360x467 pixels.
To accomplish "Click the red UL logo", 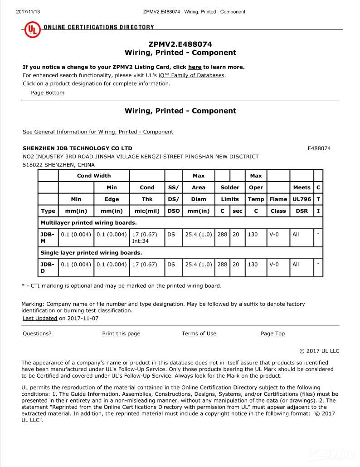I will click(32, 30).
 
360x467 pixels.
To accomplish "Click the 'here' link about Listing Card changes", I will click(195, 67).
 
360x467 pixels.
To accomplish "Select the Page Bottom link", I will click(48, 93).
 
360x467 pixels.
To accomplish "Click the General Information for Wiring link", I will click(98, 132).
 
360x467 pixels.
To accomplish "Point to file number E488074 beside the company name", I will click(319, 148).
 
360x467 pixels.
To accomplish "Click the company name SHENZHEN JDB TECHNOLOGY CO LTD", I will click(78, 148).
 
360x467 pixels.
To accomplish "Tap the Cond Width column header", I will click(94, 176).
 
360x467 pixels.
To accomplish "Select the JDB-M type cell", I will click(48, 238).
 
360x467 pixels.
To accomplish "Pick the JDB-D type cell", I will click(48, 268).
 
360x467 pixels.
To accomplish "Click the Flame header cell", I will click(278, 199).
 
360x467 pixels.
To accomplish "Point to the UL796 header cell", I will click(302, 199).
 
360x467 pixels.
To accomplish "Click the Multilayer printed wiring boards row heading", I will click(88, 223).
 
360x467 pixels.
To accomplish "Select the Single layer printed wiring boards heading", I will click(91, 253).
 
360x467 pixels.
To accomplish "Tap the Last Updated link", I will click(40, 319).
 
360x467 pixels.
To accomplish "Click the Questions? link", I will click(37, 334).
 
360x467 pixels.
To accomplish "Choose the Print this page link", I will click(121, 334).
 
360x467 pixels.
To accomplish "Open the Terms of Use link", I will click(199, 334).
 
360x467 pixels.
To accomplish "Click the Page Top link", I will click(272, 334).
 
